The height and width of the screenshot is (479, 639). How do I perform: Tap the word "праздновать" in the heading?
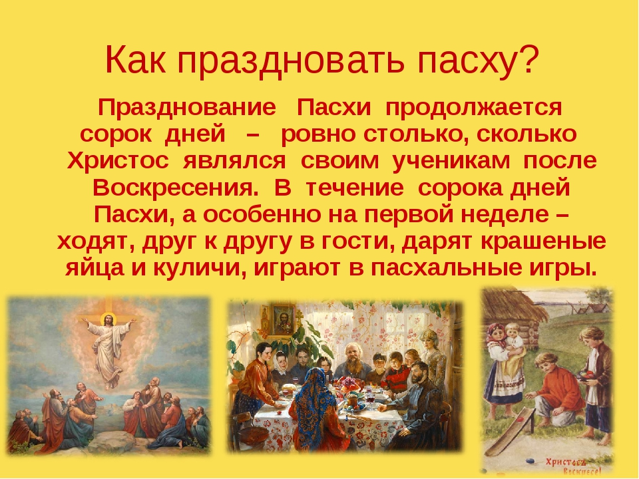pyautogui.click(x=291, y=62)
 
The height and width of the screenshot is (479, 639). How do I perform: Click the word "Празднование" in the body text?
pyautogui.click(x=187, y=108)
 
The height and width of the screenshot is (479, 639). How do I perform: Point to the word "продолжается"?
pyautogui.click(x=473, y=108)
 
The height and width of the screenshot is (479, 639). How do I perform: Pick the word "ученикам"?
pyautogui.click(x=451, y=161)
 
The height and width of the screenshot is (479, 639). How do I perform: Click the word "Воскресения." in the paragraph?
pyautogui.click(x=176, y=188)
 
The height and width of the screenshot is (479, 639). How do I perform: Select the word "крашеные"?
pyautogui.click(x=544, y=241)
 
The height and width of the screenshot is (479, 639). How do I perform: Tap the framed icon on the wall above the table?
pyautogui.click(x=284, y=318)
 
